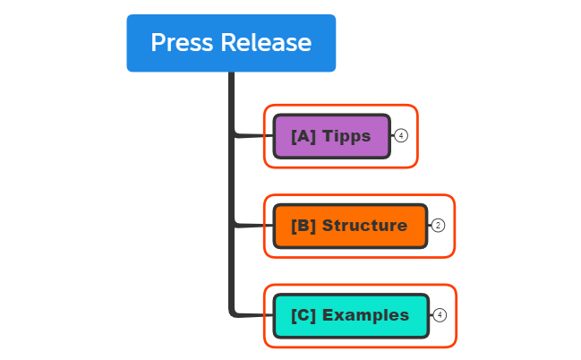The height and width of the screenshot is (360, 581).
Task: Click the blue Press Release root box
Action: (231, 43)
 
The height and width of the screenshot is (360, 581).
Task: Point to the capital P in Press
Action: (158, 43)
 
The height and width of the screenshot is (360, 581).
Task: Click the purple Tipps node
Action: (331, 136)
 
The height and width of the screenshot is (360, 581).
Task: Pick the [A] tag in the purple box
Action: (303, 136)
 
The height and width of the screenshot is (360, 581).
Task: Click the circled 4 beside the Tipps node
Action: (401, 136)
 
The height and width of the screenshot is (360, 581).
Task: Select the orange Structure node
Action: (350, 226)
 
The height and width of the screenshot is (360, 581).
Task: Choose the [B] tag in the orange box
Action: (303, 226)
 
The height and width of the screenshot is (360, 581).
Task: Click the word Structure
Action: (364, 226)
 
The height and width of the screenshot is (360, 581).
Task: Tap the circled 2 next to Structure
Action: (438, 226)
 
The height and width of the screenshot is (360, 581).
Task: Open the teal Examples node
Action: (350, 315)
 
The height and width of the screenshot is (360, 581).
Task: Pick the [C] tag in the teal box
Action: (303, 315)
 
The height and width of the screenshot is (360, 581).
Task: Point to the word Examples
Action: (365, 315)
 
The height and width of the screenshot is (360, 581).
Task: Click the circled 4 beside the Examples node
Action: (439, 315)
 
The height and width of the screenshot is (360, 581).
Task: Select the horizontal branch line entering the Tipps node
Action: (255, 136)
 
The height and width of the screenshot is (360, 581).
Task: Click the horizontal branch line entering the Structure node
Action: (255, 226)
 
